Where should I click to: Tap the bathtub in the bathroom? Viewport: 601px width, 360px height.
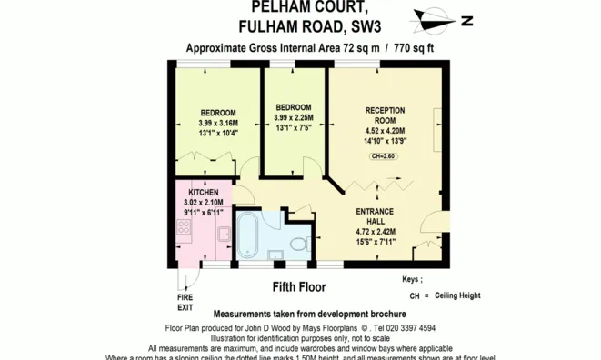click(248, 237)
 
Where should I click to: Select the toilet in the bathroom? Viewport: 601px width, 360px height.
click(298, 243)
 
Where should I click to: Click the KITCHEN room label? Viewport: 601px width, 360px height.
click(202, 194)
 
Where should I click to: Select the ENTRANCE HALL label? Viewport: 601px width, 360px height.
click(374, 216)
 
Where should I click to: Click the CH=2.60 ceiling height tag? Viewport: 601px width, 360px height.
click(384, 157)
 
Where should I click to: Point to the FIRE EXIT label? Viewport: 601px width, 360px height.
click(185, 303)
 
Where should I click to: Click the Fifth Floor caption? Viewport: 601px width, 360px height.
click(299, 287)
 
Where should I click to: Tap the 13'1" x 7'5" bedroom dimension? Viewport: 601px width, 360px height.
click(294, 128)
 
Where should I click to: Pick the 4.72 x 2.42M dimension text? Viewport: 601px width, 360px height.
click(374, 232)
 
